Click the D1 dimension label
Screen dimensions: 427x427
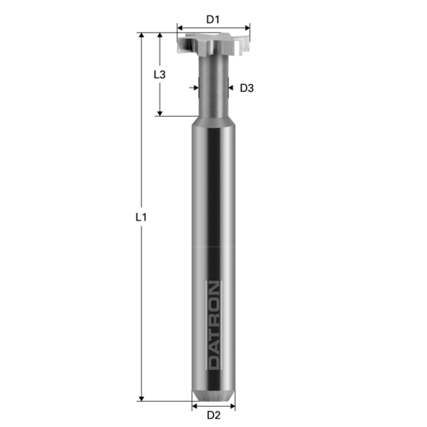pos(213,19)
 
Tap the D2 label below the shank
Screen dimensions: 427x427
pos(213,415)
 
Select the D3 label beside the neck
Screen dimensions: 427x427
pos(247,88)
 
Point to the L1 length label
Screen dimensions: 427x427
pos(141,217)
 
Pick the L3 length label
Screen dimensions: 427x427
pos(159,74)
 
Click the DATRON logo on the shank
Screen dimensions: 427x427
pos(213,325)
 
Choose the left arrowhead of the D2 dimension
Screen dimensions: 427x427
pos(195,406)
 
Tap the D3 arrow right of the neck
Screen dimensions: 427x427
pos(231,88)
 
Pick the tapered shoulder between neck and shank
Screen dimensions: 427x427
pos(213,120)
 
